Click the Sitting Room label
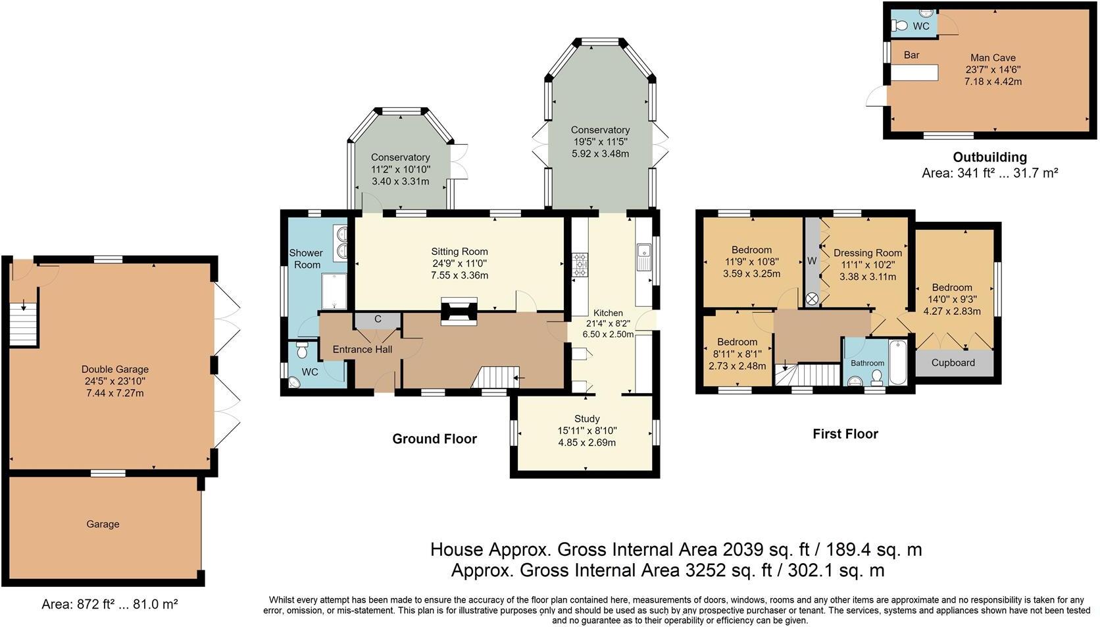click(459, 251)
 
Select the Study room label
click(586, 419)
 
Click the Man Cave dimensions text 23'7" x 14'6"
click(993, 70)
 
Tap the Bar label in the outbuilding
click(911, 55)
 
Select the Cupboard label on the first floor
click(953, 363)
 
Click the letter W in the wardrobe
click(812, 261)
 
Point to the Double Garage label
click(115, 369)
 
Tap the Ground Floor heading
click(434, 439)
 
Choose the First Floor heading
click(845, 434)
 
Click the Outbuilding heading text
click(989, 157)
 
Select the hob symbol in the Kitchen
click(580, 264)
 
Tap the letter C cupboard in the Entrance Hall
click(378, 319)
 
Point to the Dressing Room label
click(867, 253)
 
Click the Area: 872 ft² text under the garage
click(109, 604)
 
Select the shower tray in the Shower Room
click(334, 291)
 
